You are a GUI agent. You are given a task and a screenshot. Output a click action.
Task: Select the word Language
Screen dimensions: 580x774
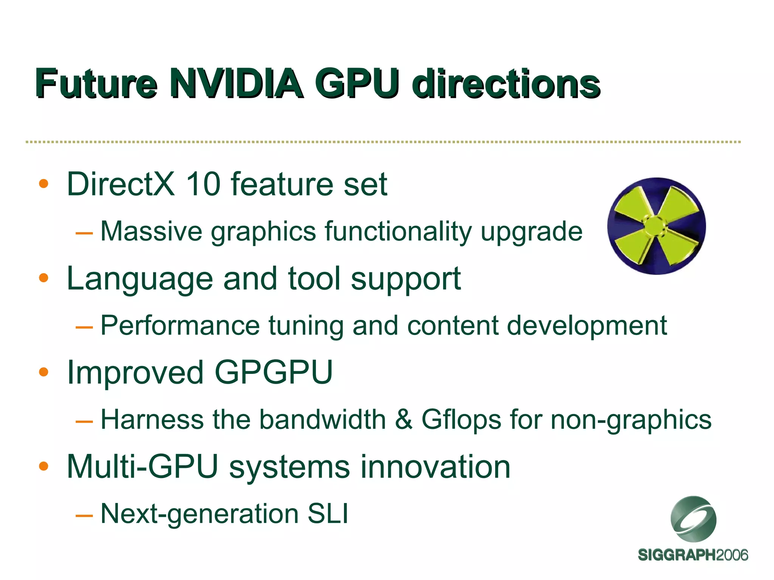coord(140,279)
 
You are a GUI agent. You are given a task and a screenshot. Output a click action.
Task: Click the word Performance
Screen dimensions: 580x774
coord(180,325)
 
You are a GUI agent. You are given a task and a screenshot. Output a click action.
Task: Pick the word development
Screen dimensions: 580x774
coord(587,326)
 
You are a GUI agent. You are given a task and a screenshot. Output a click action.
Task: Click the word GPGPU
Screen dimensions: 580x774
coord(274,373)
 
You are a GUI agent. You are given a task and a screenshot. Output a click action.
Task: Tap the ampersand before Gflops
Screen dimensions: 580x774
coord(403,419)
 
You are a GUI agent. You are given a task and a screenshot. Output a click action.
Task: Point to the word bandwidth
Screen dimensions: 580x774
coord(322,419)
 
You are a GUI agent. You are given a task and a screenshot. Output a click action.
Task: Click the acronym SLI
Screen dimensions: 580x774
coord(328,514)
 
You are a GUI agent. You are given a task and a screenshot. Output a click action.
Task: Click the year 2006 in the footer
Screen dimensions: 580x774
coord(732,555)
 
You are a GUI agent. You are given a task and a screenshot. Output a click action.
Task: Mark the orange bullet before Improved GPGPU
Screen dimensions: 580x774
coord(44,372)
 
